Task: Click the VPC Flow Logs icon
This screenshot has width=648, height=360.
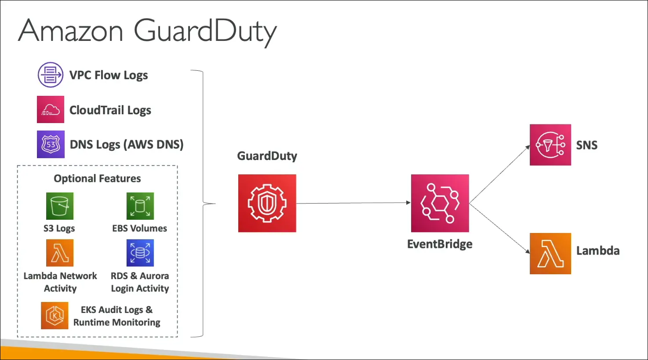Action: pyautogui.click(x=51, y=75)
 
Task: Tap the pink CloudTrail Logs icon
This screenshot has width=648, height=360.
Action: pyautogui.click(x=51, y=109)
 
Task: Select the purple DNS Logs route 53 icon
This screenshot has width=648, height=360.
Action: pyautogui.click(x=51, y=144)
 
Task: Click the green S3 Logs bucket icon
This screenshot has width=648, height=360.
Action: pyautogui.click(x=60, y=206)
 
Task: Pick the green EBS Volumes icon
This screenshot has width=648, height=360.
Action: pyautogui.click(x=140, y=206)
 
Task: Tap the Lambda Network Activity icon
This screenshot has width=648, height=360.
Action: pyautogui.click(x=60, y=253)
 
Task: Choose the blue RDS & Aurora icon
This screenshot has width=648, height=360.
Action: pyautogui.click(x=140, y=253)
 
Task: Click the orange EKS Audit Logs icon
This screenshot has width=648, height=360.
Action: pyautogui.click(x=55, y=315)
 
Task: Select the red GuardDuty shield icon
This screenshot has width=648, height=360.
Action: pyautogui.click(x=267, y=203)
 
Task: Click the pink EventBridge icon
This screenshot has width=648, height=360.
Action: pyautogui.click(x=440, y=203)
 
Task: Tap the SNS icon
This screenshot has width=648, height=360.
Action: pyautogui.click(x=550, y=145)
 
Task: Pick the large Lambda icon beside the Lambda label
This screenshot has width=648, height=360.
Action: pyautogui.click(x=550, y=254)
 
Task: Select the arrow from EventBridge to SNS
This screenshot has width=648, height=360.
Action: pyautogui.click(x=499, y=174)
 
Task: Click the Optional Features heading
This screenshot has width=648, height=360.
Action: pyautogui.click(x=97, y=178)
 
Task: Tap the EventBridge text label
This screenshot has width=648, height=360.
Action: pyautogui.click(x=440, y=244)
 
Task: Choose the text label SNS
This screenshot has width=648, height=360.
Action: pyautogui.click(x=586, y=145)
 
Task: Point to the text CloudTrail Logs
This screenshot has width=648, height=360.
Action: pyautogui.click(x=110, y=110)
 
